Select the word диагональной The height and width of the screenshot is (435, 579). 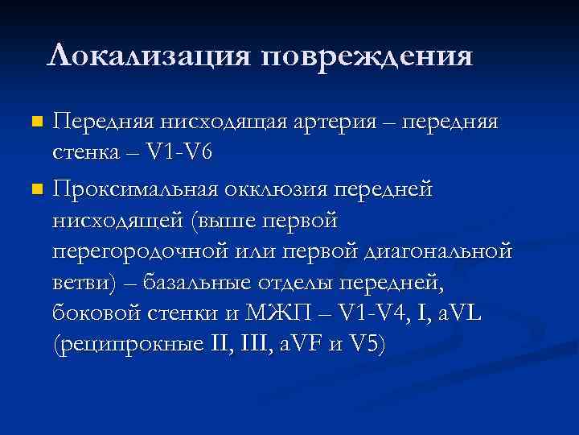click(x=437, y=251)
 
